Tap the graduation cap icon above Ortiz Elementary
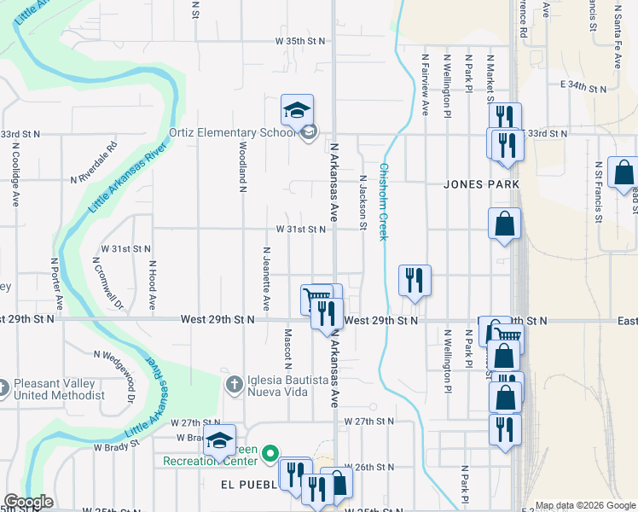[x=298, y=110]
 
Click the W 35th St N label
[x=300, y=41]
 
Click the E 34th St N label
[x=583, y=87]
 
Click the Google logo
[x=28, y=502]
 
